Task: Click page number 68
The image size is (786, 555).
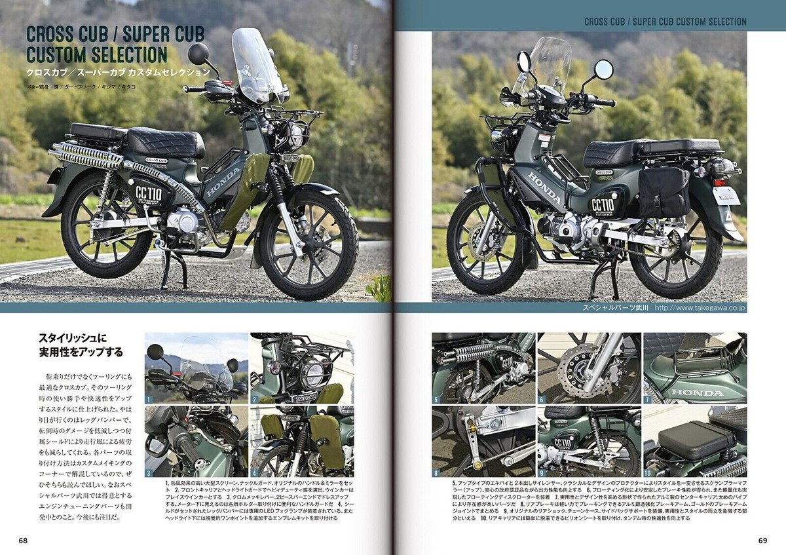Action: [23, 541]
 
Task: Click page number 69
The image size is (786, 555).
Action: [762, 541]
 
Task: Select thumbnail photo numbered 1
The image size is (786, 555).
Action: [196, 368]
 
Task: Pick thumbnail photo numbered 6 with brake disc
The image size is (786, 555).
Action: [589, 368]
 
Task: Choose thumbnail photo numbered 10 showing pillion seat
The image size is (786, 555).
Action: [695, 439]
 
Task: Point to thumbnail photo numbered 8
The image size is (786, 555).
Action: [483, 439]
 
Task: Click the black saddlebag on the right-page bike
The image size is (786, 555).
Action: [664, 191]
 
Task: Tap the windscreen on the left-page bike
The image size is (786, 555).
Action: [252, 66]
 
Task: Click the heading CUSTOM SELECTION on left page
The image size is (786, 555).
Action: [97, 53]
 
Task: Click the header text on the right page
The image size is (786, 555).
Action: [665, 22]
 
